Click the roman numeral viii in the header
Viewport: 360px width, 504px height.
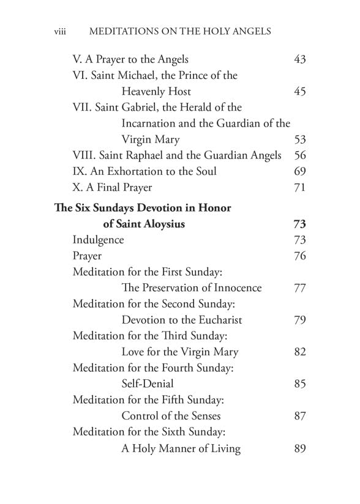pyautogui.click(x=60, y=31)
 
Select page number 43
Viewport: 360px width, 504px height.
pyautogui.click(x=300, y=60)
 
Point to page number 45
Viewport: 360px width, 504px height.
pyautogui.click(x=300, y=92)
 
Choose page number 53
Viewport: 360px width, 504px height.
pyautogui.click(x=300, y=139)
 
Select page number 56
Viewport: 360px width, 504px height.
pyautogui.click(x=300, y=155)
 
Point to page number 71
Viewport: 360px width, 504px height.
pyautogui.click(x=300, y=187)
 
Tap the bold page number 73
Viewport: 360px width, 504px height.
pyautogui.click(x=300, y=224)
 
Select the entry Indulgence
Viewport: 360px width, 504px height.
pyautogui.click(x=98, y=240)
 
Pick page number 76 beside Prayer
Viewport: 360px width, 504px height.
pyautogui.click(x=300, y=256)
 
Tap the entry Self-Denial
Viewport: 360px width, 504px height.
pyautogui.click(x=148, y=384)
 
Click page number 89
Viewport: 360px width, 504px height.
pyautogui.click(x=300, y=449)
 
